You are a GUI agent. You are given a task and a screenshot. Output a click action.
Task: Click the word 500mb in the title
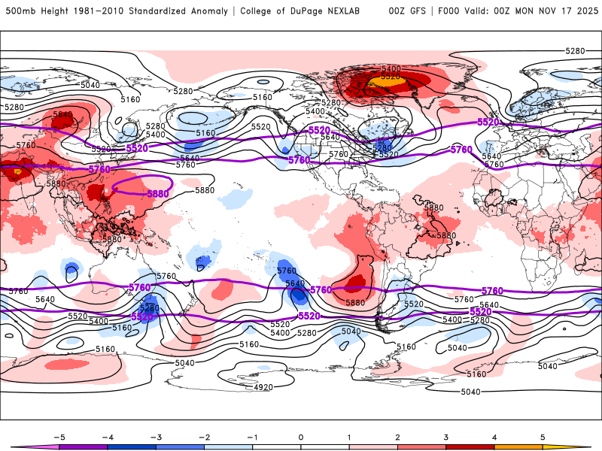20,11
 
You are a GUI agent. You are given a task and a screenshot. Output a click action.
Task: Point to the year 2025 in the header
586,11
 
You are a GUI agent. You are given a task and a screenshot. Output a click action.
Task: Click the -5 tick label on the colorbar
58,436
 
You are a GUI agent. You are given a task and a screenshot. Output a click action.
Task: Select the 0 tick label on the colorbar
301,436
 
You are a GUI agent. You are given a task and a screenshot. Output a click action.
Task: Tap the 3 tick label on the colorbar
446,436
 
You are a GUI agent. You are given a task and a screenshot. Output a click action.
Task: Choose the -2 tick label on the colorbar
204,436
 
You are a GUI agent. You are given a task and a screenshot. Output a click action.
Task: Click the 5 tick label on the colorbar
543,436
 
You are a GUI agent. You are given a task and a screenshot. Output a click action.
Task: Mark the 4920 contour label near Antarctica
263,387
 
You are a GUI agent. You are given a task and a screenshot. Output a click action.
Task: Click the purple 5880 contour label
158,193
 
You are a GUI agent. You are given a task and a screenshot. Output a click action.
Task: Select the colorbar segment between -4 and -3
131,446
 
